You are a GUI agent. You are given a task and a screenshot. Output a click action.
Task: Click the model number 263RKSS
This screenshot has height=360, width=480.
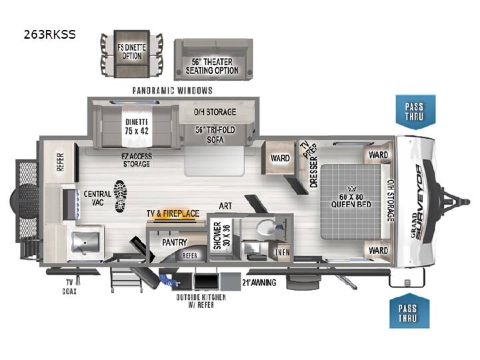coord(49,34)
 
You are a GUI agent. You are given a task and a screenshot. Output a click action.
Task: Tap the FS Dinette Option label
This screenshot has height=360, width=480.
coord(132,52)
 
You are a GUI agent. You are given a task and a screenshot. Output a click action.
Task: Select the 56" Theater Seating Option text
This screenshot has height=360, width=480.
coord(212,66)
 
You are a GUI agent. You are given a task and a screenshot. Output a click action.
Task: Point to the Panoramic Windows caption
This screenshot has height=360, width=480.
coord(173,91)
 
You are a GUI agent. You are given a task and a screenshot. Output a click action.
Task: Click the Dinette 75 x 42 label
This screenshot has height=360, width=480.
coord(137,127)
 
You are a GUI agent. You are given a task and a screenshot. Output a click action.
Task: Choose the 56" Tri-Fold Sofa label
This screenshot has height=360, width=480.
coord(215,135)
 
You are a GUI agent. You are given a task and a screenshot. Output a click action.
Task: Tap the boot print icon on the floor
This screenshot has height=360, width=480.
coord(120,196)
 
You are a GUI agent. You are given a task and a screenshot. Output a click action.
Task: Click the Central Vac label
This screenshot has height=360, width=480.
coord(97,198)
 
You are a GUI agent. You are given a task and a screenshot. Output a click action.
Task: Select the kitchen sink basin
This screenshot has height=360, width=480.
coord(85,242)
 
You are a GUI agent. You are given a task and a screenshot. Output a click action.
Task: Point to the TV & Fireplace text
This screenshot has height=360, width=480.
coord(173,213)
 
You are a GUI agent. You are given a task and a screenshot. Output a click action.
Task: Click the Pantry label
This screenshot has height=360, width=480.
coord(174,243)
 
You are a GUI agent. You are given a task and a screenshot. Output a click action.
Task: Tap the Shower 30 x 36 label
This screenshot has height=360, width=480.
coord(221,236)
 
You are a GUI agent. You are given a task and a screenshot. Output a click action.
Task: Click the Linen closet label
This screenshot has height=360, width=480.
coord(281,252)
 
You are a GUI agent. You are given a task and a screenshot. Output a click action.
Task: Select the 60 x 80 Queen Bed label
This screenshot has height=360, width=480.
coord(351,200)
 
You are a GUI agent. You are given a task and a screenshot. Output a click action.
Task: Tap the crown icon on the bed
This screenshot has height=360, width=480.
coord(351,189)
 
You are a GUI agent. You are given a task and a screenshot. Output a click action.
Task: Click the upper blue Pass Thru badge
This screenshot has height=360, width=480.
coord(415,112)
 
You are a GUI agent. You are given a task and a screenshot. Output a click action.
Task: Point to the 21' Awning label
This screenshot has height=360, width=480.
coord(259,282)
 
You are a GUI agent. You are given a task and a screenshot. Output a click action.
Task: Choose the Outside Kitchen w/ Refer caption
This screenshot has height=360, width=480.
coord(201,301)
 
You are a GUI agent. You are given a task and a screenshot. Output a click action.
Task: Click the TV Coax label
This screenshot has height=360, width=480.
coord(69,287)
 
